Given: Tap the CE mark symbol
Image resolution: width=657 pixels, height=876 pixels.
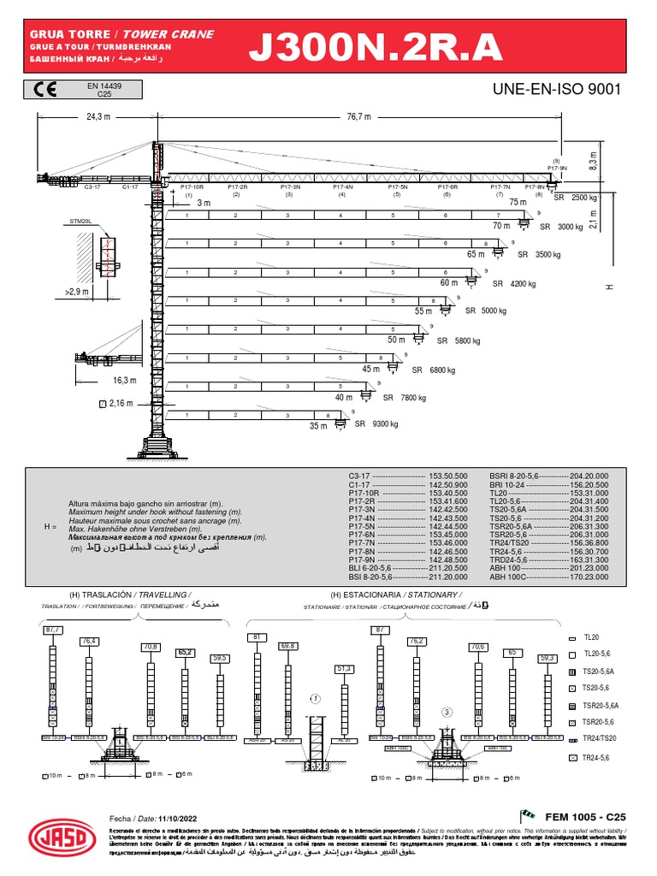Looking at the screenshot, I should (44, 90).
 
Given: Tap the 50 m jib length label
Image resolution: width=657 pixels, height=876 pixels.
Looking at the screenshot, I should (397, 340).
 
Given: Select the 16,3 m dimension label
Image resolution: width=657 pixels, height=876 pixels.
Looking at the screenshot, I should (125, 380).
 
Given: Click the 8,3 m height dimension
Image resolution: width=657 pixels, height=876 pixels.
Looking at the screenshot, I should (616, 159).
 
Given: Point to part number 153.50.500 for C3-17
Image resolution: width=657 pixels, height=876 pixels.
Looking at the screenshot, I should (449, 475).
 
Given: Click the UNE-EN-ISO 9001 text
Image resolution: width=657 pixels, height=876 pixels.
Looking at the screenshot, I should (556, 90).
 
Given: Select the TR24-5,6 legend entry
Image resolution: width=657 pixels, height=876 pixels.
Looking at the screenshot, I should (597, 758).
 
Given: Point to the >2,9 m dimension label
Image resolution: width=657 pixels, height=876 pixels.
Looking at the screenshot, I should (78, 293).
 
